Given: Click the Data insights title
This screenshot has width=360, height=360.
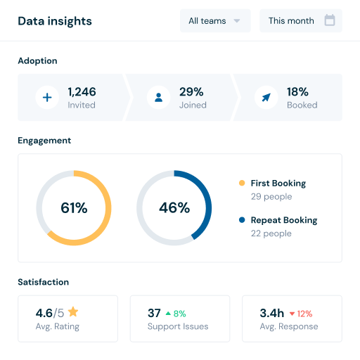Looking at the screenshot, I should tap(55, 21).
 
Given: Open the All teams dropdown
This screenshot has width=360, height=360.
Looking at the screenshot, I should tap(214, 21).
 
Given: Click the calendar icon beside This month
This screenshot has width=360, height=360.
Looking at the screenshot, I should tap(329, 20).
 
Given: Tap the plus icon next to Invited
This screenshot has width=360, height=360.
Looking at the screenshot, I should tap(47, 98).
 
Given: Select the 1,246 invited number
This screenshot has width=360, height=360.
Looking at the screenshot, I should tap(82, 91).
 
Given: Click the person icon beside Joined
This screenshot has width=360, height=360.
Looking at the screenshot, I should tap(158, 98).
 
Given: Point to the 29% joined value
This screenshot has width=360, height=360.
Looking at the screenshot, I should tap(191, 91).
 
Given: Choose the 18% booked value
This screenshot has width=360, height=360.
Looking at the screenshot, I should tap(298, 91).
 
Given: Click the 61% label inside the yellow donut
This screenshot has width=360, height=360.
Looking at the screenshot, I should tap(74, 208).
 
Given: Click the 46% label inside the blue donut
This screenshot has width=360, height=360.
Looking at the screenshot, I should tap(174, 208).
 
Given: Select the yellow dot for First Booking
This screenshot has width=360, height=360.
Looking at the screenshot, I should tap(242, 184).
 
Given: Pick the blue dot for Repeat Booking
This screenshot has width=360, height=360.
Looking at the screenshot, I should tap(242, 220).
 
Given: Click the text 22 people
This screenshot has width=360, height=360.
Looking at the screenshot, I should tap(271, 233).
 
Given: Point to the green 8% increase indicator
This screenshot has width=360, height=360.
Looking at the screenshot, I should tap(176, 314).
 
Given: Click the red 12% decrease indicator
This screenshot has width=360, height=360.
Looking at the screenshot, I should tap(300, 314).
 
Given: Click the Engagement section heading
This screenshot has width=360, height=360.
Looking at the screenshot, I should tap(44, 141).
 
